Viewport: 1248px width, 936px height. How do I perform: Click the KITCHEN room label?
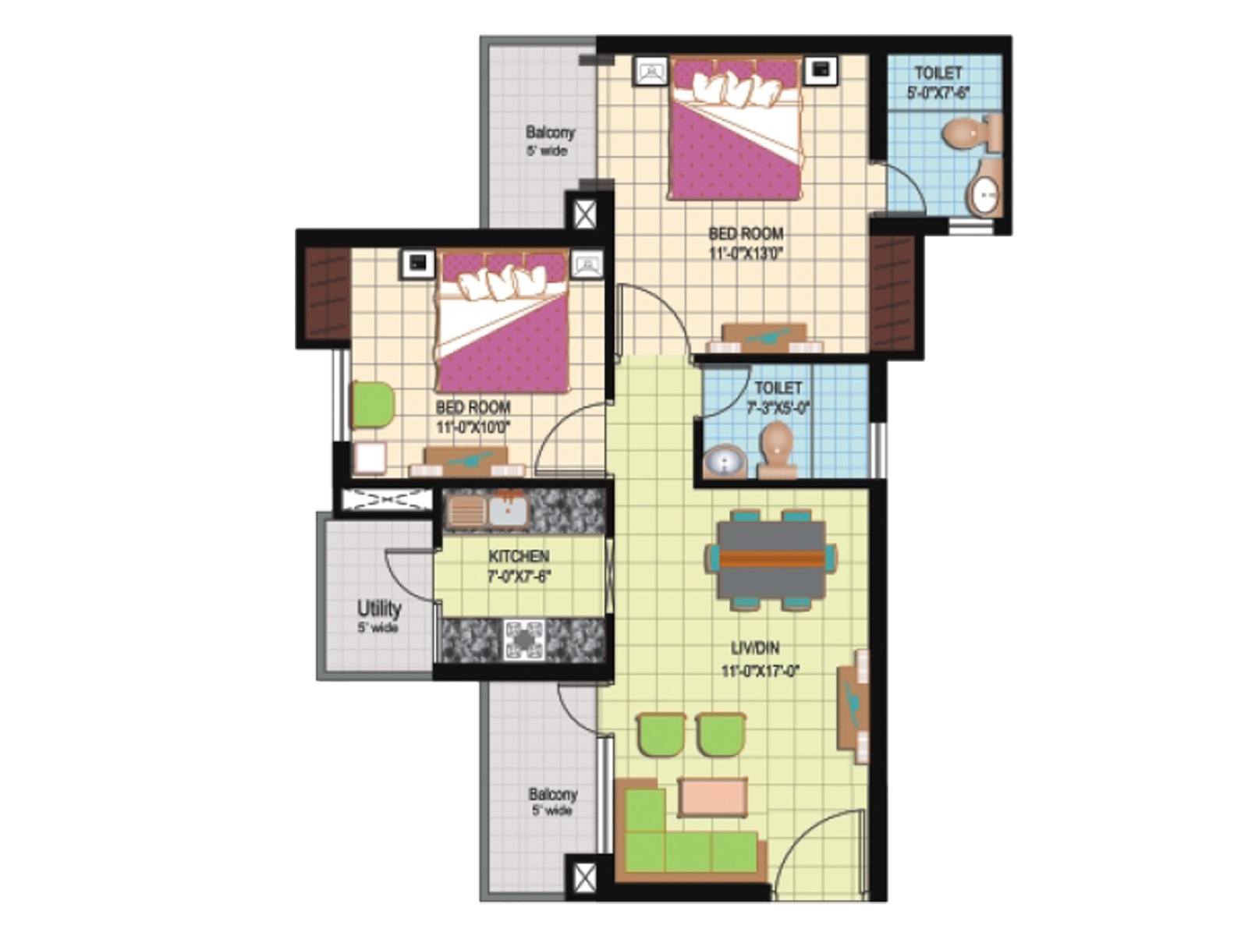[519, 556]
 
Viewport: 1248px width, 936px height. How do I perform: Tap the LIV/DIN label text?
[754, 648]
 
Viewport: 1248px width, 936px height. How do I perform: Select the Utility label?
[379, 608]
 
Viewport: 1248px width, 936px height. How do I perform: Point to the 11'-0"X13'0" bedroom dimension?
[746, 253]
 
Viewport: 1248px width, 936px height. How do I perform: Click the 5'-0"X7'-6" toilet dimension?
[938, 92]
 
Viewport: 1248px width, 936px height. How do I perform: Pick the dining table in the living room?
[771, 559]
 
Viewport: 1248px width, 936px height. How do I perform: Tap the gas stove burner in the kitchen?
[523, 640]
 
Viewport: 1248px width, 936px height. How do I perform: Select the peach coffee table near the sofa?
[713, 798]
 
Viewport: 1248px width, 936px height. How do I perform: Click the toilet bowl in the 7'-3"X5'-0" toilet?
[777, 449]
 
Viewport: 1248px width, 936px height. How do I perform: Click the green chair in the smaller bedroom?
[373, 405]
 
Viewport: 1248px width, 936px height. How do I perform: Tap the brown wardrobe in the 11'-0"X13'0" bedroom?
[892, 293]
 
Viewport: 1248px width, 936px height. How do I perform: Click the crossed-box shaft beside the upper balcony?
[584, 214]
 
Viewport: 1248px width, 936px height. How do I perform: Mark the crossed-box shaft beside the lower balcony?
[584, 877]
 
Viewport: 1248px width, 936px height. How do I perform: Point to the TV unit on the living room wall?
[853, 707]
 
